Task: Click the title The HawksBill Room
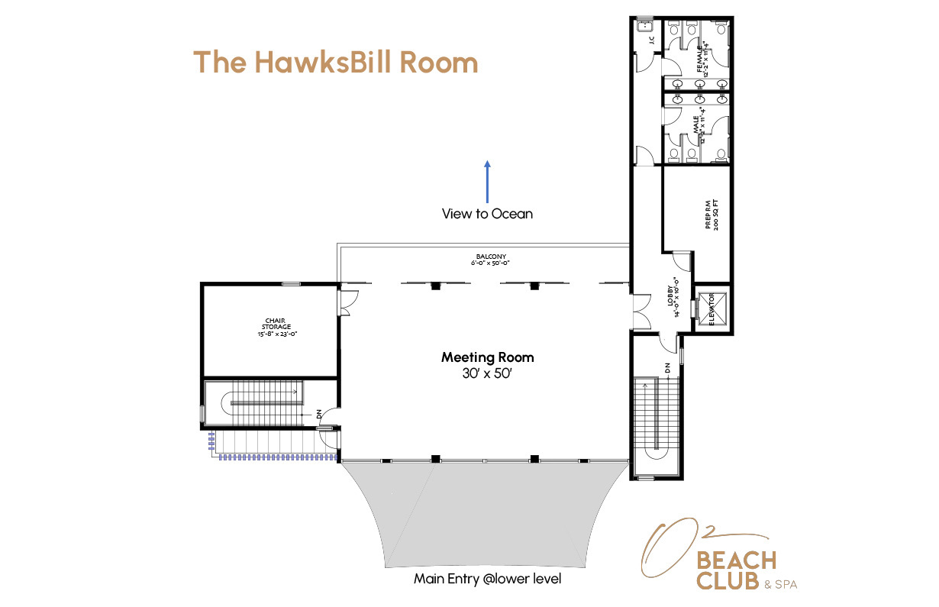(x=335, y=62)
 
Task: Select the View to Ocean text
(x=487, y=215)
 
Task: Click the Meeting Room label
(x=487, y=357)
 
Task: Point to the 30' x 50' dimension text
(x=487, y=374)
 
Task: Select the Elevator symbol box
(x=712, y=308)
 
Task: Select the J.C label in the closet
(x=651, y=41)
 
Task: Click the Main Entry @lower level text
(x=487, y=579)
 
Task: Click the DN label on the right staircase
(x=667, y=367)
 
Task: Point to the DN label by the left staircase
(x=319, y=415)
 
